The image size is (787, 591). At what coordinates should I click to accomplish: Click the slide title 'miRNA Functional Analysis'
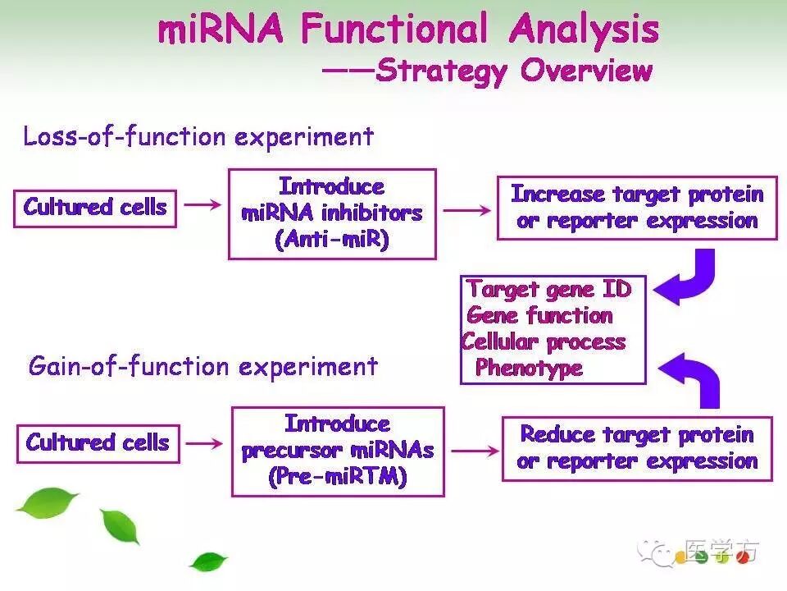407,30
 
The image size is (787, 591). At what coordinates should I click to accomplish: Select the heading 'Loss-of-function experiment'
198,136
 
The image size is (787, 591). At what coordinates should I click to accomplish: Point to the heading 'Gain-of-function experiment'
202,365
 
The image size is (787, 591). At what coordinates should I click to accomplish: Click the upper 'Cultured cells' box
95,208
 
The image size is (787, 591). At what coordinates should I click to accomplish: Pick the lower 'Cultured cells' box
98,443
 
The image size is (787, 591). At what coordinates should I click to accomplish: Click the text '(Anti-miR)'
332,240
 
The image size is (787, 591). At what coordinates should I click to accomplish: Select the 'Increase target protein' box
637,208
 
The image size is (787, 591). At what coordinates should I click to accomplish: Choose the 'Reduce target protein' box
638,448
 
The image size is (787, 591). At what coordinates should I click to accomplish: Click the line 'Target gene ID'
548,289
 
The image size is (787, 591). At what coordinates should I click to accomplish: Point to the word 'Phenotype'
529,368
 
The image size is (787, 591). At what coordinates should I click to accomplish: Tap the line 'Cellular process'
544,341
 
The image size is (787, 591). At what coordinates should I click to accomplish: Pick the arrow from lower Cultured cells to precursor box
205,443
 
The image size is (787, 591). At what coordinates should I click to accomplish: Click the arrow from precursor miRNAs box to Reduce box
473,451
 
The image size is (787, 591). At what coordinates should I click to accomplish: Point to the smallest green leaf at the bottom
208,561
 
